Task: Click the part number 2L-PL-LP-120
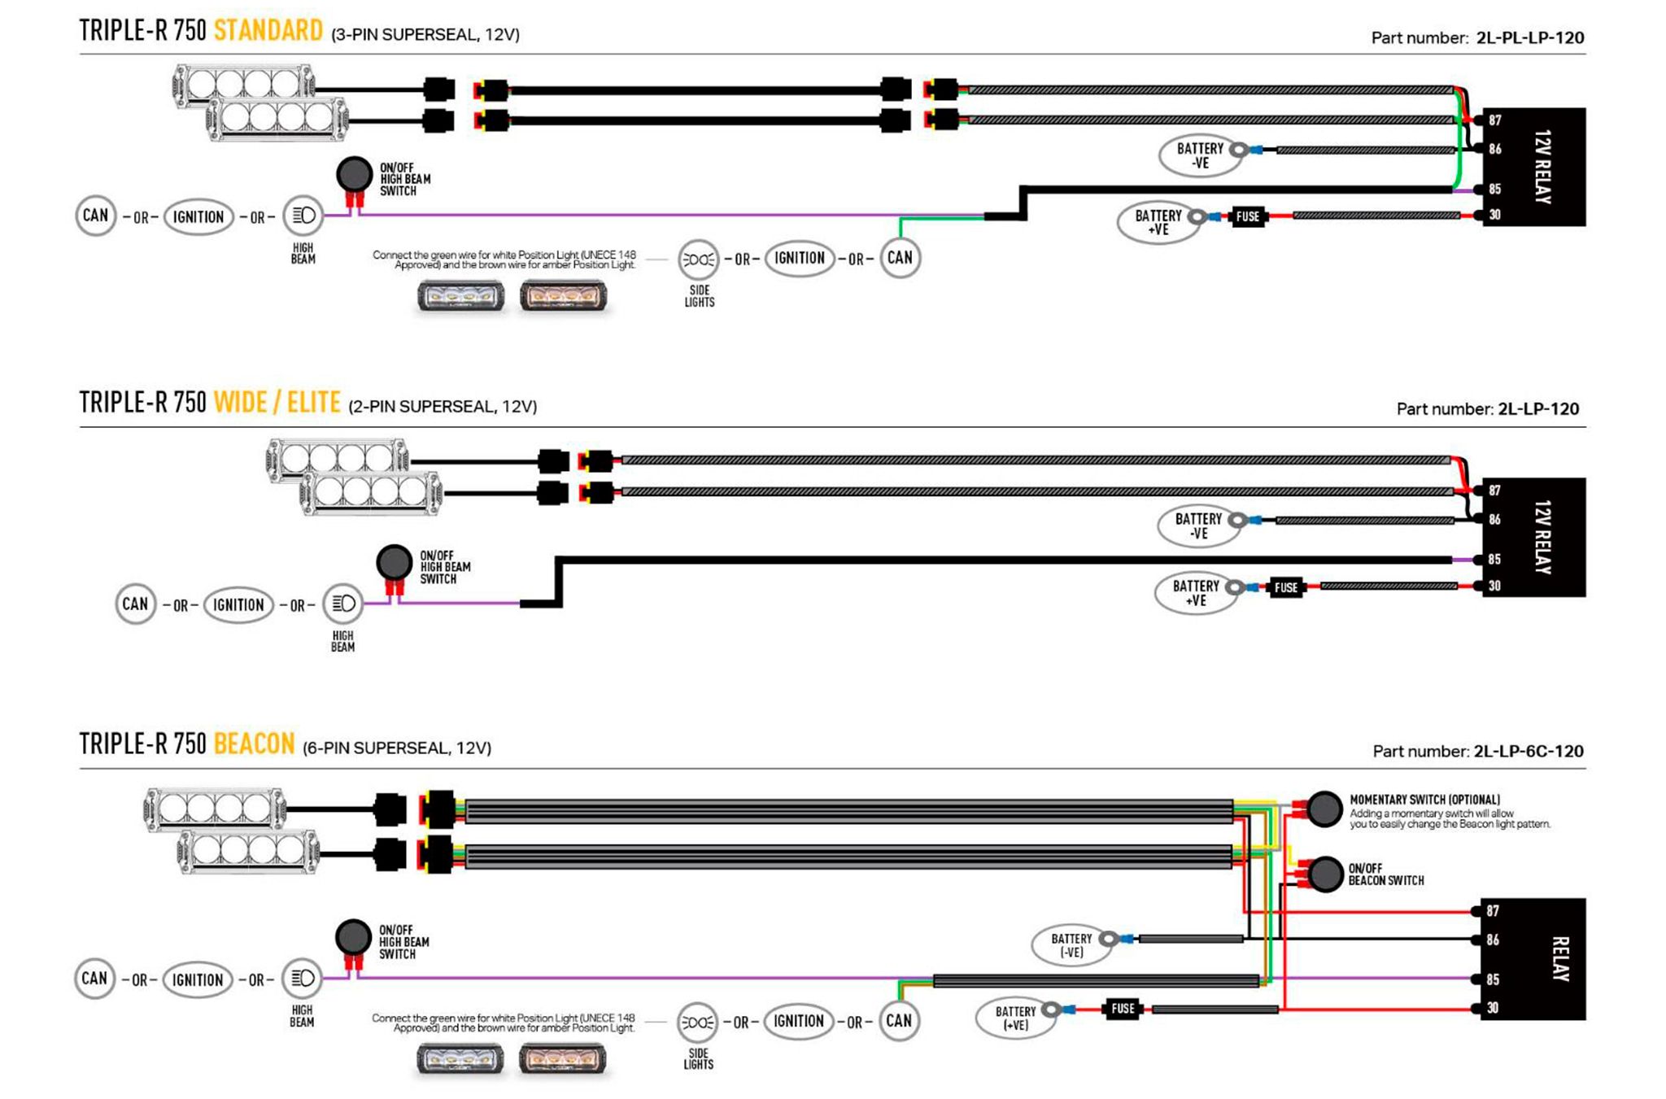1530,37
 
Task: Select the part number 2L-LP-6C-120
1529,751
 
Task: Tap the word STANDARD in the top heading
268,31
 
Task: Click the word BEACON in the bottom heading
254,744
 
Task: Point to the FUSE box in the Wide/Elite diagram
1285,587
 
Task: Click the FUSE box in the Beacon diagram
1123,1009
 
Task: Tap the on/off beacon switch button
1325,874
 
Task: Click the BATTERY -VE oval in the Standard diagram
1200,155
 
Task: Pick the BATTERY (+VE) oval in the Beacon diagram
1015,1018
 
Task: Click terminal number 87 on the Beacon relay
1493,911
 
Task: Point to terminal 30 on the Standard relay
1494,215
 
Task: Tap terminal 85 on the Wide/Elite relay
1494,560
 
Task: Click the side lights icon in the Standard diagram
698,259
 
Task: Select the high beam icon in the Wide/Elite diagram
342,604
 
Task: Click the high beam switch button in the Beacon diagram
353,937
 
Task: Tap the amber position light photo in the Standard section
563,296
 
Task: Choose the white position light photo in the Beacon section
460,1059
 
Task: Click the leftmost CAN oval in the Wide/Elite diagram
135,604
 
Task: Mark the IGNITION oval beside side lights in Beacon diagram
798,1021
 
